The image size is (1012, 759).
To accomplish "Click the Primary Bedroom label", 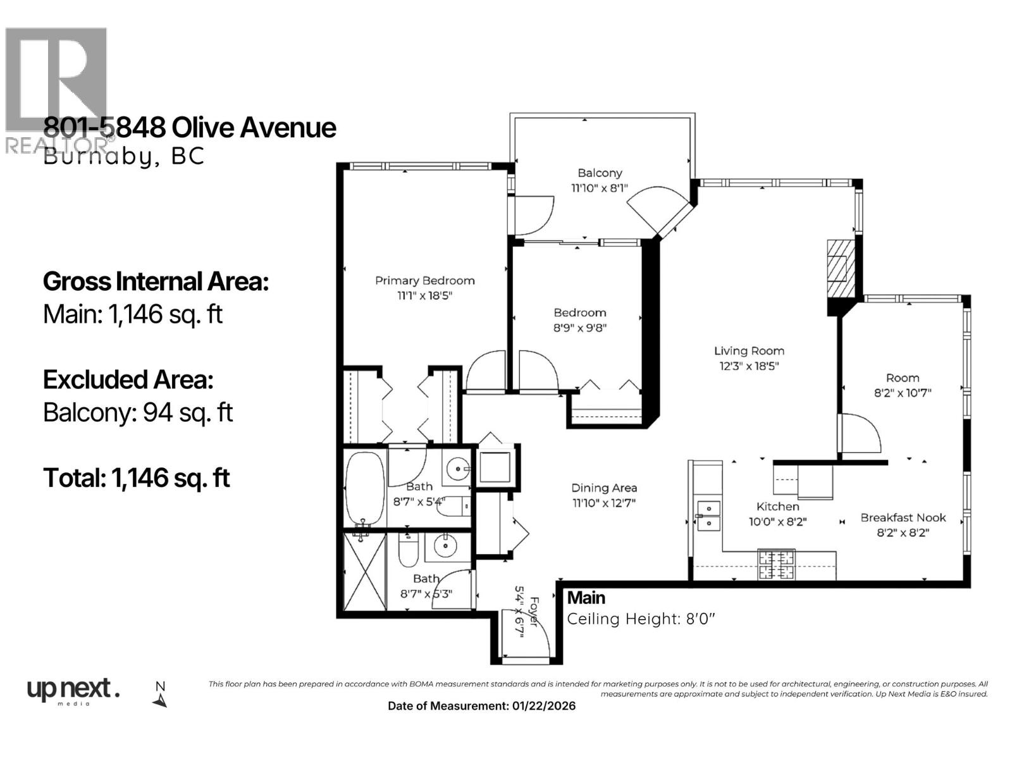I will (x=424, y=281).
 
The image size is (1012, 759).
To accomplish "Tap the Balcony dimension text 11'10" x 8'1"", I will (x=600, y=188).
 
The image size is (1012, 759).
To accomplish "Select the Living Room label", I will (x=749, y=351).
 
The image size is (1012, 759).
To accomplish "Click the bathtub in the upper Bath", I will (x=365, y=488).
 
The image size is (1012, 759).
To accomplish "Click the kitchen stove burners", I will (x=776, y=565).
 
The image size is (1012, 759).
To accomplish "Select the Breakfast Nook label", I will (x=903, y=517).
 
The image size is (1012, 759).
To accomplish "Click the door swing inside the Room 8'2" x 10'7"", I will (x=860, y=433).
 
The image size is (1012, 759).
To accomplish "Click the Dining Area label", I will (x=604, y=488).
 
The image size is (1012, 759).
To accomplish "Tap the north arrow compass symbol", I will (x=160, y=694).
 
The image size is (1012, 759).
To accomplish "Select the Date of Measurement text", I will (x=481, y=706).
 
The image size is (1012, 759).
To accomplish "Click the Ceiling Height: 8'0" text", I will (x=641, y=619).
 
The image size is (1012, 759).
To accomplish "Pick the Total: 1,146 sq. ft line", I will (x=136, y=478).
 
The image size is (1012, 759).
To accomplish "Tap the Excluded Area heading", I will (x=128, y=379).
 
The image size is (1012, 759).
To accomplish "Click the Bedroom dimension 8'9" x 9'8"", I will (x=580, y=328).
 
